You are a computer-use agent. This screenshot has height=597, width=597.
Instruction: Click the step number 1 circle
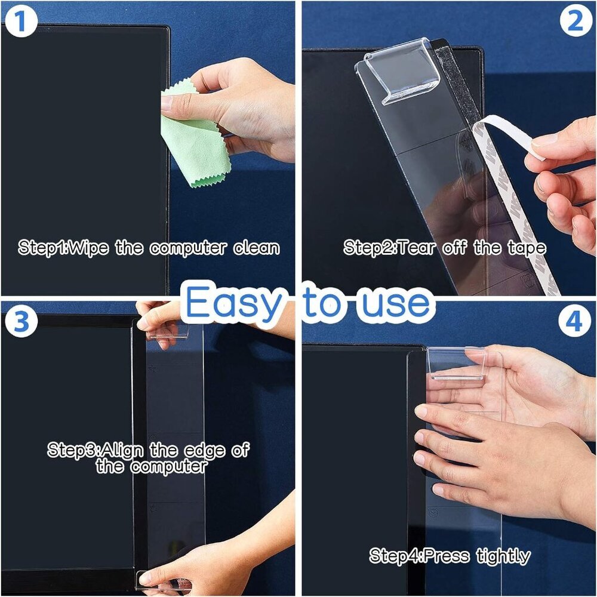(x=21, y=21)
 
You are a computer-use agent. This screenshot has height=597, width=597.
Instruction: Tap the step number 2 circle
(x=576, y=21)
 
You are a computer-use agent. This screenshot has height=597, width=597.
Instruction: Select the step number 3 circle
(x=21, y=322)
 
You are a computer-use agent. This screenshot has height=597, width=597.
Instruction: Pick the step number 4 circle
(x=574, y=322)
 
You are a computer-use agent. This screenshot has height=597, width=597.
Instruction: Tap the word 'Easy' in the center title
(x=233, y=303)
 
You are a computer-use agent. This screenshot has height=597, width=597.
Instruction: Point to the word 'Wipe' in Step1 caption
(x=89, y=248)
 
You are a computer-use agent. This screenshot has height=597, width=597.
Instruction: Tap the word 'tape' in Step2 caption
(x=526, y=248)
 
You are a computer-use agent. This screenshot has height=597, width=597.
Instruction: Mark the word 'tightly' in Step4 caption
(x=503, y=556)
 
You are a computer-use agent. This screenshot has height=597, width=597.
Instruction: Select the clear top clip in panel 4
(x=457, y=364)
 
